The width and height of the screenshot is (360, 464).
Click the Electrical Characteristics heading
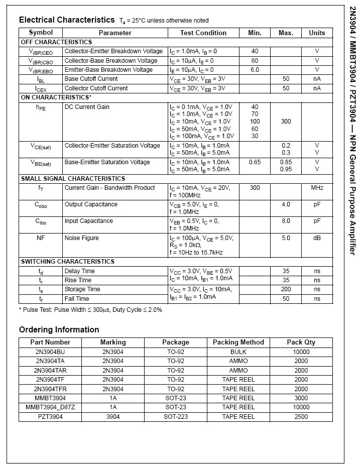coord(67,20)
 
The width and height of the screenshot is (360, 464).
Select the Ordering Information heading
coord(59,330)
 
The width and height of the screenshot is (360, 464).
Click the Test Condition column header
coord(203,33)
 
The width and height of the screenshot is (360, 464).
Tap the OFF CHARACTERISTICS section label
coord(56,42)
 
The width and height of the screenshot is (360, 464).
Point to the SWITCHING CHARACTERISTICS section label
coord(67,262)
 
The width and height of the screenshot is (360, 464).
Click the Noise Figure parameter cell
coord(82,238)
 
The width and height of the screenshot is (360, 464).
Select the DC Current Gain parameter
coord(87,107)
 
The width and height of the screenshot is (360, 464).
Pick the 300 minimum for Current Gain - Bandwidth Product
coord(255,188)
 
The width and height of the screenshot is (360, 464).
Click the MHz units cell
coord(317,188)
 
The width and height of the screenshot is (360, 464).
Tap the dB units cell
coord(317,238)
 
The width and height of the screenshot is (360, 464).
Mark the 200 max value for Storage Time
coord(286,289)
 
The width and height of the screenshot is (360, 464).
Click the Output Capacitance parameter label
coord(91,204)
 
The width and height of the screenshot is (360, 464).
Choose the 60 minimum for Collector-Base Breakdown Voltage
coord(255,61)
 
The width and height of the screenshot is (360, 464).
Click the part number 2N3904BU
coord(50,352)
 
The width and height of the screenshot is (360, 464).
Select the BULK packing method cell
coord(238,352)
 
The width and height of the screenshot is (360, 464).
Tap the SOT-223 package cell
coord(176,417)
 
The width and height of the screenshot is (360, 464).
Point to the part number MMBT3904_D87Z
coord(50,407)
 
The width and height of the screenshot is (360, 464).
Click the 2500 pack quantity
coord(301,417)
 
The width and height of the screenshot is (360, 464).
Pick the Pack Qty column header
coord(301,342)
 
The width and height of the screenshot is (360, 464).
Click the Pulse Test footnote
coord(90,310)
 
